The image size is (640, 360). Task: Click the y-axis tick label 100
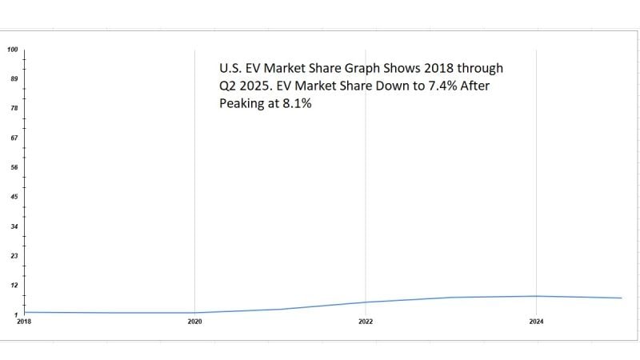click(13, 50)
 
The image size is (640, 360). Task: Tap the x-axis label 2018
click(23, 322)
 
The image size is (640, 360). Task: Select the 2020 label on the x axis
click(194, 322)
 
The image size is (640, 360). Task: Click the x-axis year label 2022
click(366, 322)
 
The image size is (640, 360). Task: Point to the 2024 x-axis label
click(536, 322)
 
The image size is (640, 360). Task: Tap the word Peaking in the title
click(243, 103)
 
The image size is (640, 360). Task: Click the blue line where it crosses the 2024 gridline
click(536, 296)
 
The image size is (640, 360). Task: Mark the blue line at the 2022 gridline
click(366, 302)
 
